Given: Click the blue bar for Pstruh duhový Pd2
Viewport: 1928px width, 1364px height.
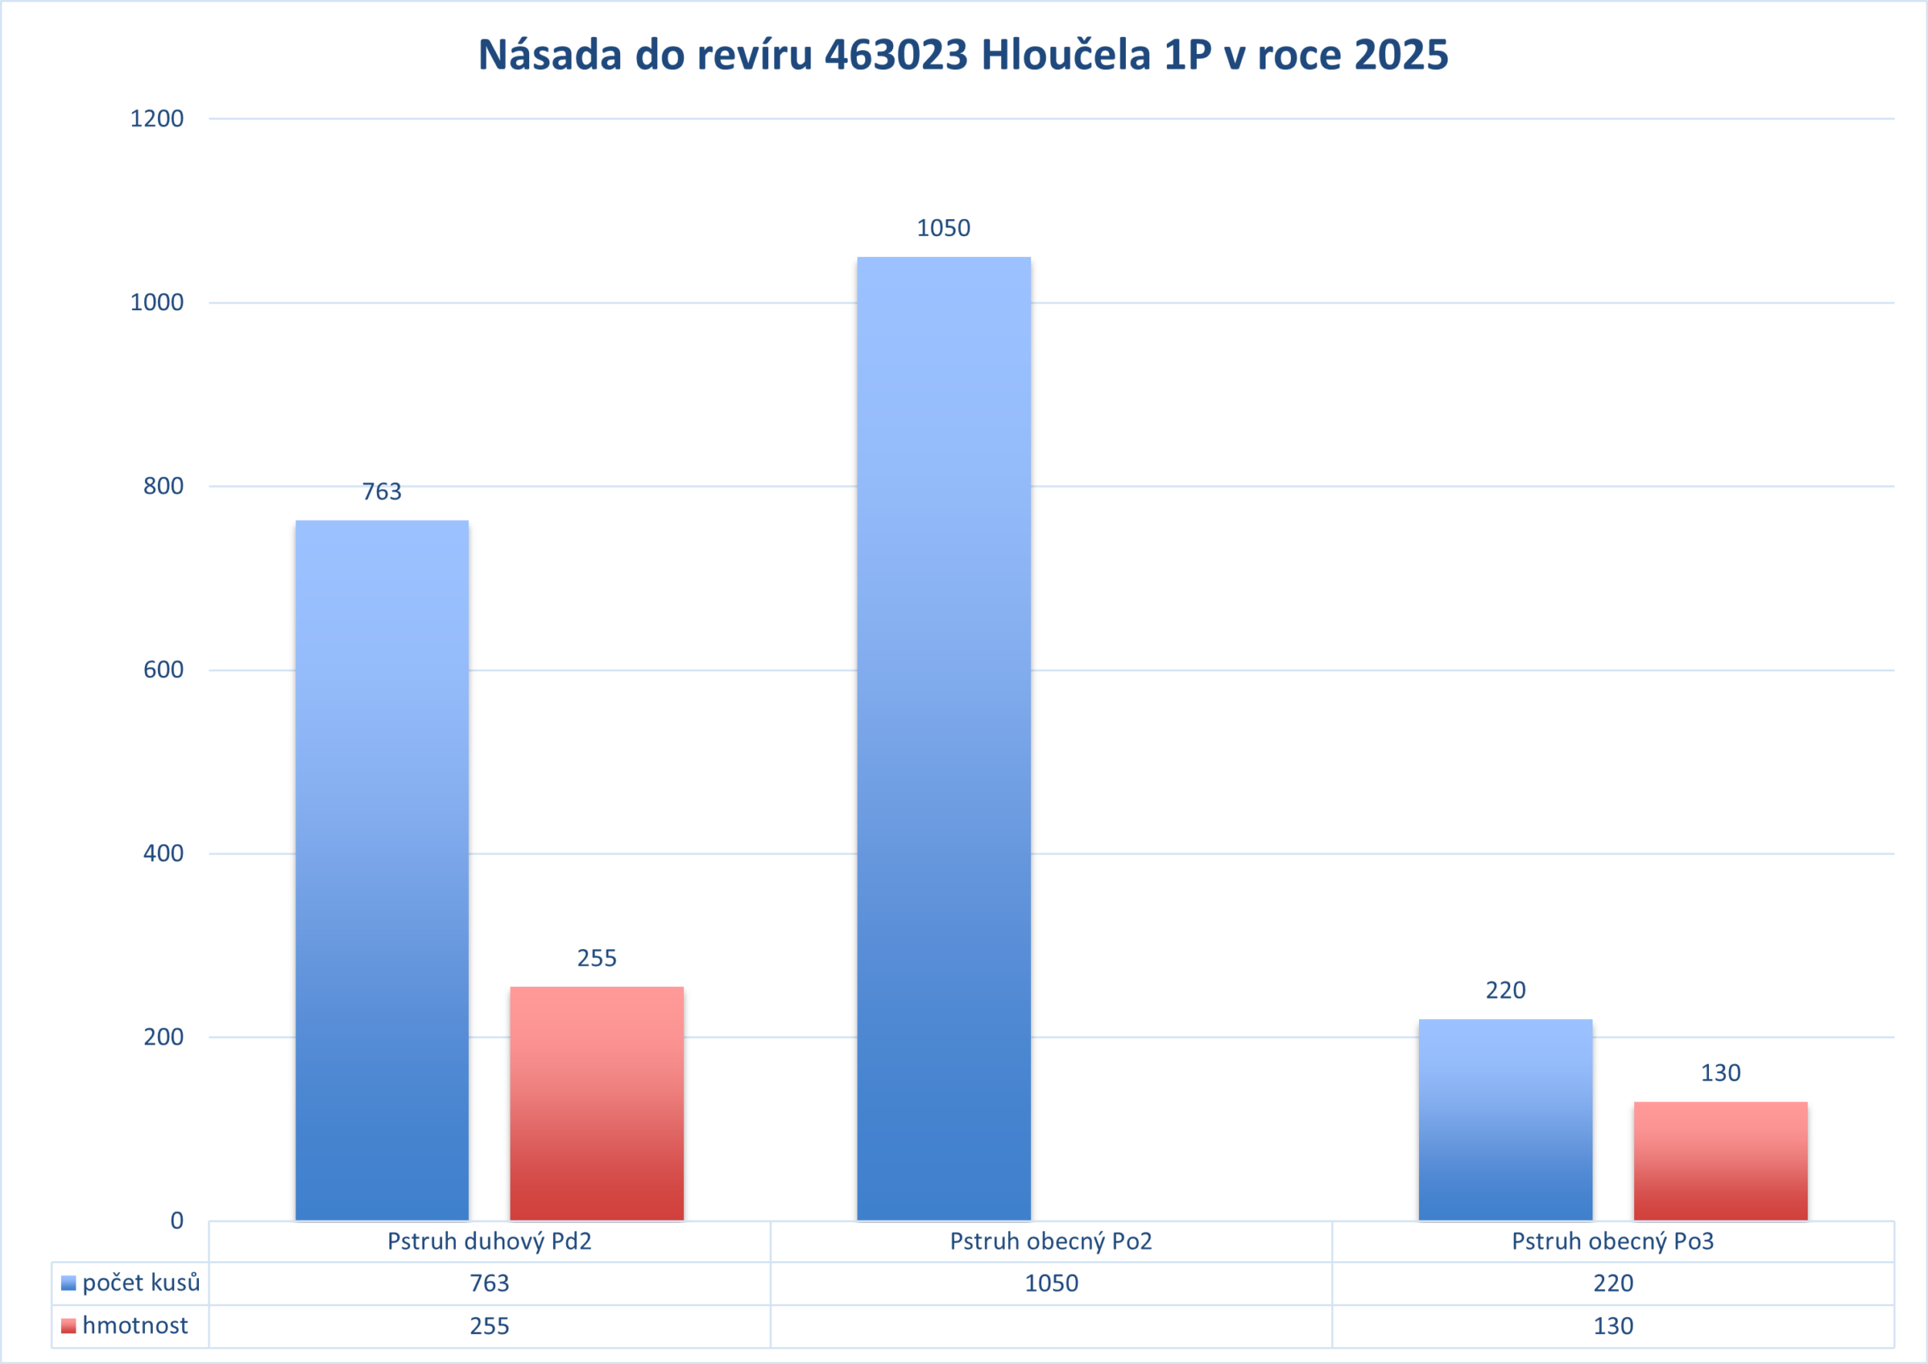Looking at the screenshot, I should point(382,869).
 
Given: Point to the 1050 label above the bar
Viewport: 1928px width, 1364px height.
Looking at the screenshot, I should point(944,228).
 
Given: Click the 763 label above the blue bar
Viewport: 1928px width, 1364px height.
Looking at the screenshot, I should point(382,491).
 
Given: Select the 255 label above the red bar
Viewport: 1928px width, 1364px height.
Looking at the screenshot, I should point(596,958).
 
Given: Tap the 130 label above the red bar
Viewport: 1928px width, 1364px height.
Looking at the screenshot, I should point(1721,1072).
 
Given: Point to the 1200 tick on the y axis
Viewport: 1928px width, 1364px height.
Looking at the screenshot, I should point(157,119).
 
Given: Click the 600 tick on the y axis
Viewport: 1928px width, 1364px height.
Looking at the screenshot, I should point(163,670).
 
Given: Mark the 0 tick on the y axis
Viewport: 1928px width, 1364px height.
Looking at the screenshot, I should point(177,1221).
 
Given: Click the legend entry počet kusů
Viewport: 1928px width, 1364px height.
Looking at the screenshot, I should point(140,1282).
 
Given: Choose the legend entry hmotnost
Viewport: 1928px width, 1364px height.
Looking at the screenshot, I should point(134,1325).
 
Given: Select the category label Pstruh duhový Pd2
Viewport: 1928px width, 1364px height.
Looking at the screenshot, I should point(490,1241).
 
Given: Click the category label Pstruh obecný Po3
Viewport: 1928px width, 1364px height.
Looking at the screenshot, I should point(1613,1241).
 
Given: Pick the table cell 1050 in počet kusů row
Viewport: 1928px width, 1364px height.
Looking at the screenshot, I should point(1051,1283).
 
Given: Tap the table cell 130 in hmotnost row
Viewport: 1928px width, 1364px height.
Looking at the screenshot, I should point(1613,1326).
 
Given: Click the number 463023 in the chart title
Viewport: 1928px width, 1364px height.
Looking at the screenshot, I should point(897,55).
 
